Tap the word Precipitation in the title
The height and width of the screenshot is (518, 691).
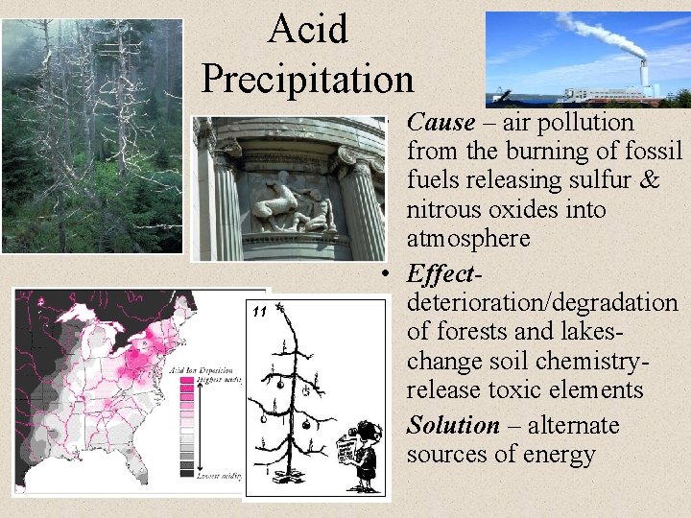click(x=307, y=77)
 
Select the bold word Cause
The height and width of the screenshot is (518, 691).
click(x=441, y=123)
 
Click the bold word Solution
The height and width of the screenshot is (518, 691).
click(x=453, y=425)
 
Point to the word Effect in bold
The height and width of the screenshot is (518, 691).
click(x=439, y=274)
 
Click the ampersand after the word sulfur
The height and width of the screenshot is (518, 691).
click(x=648, y=180)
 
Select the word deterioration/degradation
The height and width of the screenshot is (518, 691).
click(x=542, y=303)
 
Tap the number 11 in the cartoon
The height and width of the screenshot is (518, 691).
click(x=258, y=312)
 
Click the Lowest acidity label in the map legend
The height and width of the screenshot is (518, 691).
click(x=218, y=477)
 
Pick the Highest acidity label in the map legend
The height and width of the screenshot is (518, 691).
click(x=218, y=378)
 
